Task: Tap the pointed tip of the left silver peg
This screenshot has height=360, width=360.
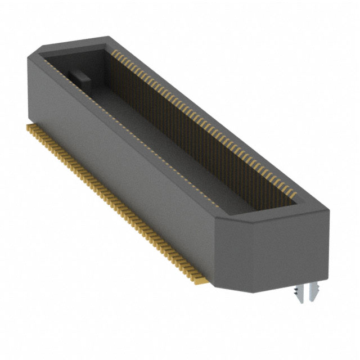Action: tap(295, 303)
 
